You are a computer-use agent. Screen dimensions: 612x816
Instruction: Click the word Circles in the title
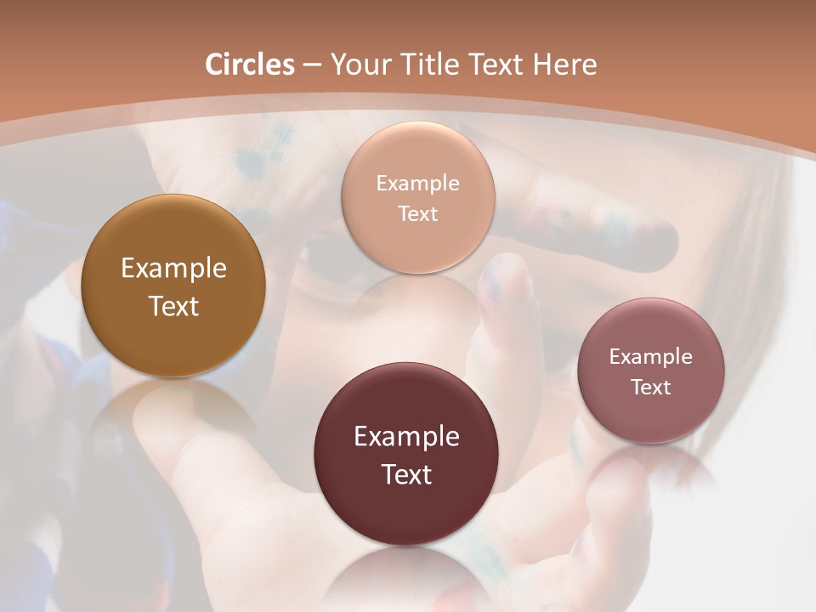[250, 65]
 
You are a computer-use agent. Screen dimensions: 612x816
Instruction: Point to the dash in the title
[312, 65]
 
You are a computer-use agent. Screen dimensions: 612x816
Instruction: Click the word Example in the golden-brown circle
[173, 269]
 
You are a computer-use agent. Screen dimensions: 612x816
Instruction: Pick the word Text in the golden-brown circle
[173, 306]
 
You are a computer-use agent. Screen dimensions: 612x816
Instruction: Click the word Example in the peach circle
[417, 183]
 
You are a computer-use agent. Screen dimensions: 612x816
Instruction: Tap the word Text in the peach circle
[417, 213]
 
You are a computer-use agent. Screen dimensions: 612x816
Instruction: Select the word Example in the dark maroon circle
[406, 436]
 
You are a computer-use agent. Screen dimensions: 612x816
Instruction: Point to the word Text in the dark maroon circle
[406, 474]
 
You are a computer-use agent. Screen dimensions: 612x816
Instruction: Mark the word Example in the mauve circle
[651, 356]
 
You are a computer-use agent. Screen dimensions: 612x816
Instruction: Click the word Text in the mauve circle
[651, 387]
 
